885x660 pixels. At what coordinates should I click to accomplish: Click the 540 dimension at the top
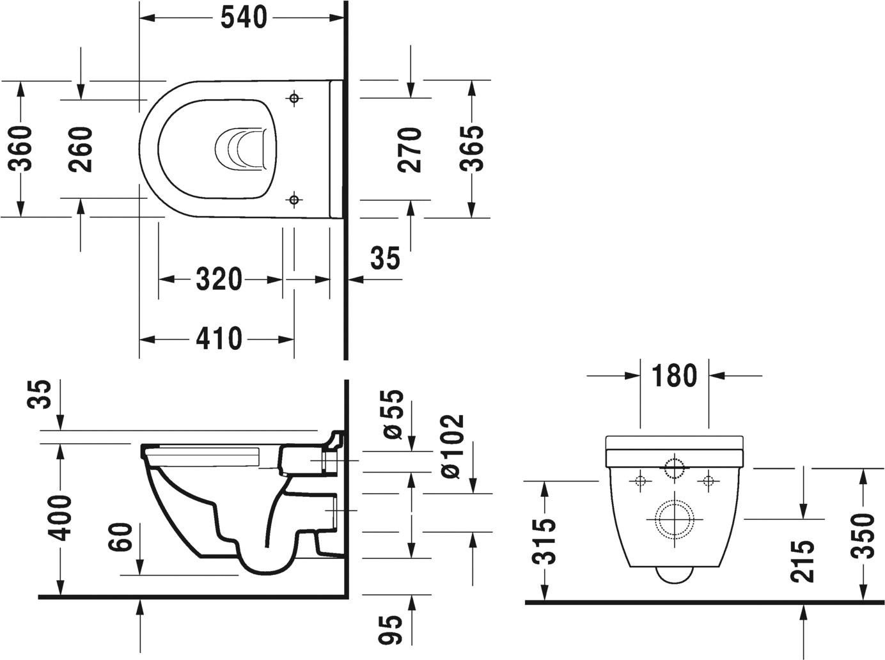coord(243,18)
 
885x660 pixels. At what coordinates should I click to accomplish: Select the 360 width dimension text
coord(20,149)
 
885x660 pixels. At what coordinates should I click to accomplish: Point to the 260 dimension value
coord(81,149)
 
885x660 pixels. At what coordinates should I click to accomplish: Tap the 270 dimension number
coord(410,150)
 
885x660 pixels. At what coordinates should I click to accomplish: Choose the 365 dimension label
coord(472,148)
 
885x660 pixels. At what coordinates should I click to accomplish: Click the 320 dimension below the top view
coord(219,279)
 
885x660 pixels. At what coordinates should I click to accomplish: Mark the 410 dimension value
coord(219,339)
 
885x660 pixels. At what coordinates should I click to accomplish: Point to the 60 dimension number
coord(121,537)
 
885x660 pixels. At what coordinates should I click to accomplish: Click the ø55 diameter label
coord(394,414)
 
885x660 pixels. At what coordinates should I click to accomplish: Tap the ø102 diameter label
coord(451,446)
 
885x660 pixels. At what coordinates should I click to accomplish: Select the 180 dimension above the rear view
coord(674,376)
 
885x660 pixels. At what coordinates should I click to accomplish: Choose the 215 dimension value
coord(803,560)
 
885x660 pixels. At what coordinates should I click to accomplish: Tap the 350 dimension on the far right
coord(863,536)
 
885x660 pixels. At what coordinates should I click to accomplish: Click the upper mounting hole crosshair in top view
coord(294,98)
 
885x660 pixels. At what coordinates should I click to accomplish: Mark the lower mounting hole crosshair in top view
coord(294,200)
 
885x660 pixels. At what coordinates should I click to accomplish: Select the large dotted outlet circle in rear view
coord(674,518)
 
